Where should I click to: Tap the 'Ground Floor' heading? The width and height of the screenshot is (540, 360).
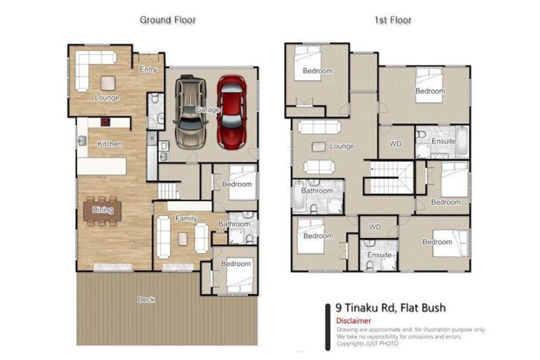[x=167, y=20]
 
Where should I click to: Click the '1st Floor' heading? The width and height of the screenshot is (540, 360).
[x=392, y=20]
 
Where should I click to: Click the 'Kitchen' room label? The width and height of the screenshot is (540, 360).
[x=110, y=144]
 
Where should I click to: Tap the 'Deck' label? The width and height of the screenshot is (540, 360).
[x=146, y=300]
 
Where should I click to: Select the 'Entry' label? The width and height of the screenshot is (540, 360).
[x=148, y=70]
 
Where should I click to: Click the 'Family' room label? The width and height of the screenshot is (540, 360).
[x=186, y=219]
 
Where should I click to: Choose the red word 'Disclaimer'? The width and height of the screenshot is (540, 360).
[x=354, y=321]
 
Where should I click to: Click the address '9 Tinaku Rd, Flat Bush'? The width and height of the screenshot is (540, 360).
[x=390, y=307]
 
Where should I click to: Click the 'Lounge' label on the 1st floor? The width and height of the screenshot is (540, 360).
[x=341, y=146]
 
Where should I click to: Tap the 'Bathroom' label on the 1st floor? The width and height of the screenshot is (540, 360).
[x=316, y=191]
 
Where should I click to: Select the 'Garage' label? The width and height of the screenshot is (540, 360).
[x=207, y=110]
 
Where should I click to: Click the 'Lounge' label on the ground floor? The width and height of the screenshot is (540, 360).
[x=107, y=98]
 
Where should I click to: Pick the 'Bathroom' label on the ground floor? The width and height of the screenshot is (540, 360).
[x=233, y=224]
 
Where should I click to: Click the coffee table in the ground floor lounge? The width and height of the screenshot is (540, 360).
[x=107, y=81]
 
